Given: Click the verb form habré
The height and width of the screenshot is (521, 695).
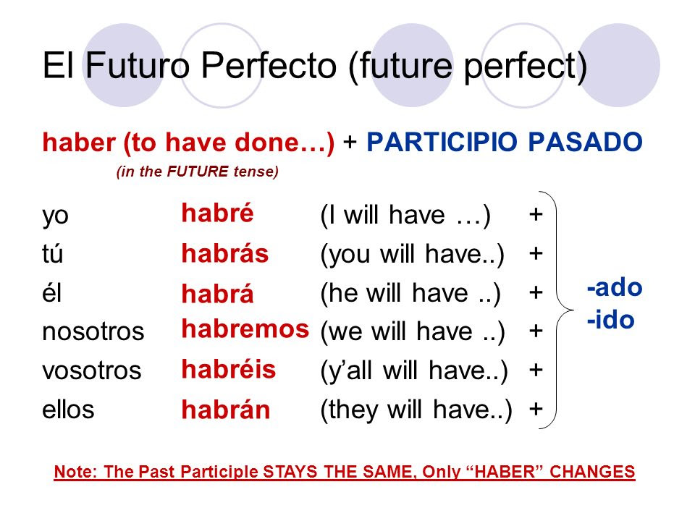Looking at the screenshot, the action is coord(218,213).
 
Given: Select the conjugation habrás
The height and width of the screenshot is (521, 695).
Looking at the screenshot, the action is coord(225,253).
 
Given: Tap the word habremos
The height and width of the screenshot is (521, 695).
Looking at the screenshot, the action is coord(245,329).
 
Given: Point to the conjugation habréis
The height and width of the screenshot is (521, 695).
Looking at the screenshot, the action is coord(229,369).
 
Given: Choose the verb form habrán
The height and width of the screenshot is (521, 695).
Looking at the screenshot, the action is coord(226,410).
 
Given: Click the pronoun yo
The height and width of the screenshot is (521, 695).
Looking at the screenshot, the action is coord(56,217).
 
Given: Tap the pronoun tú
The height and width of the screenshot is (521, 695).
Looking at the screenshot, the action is coord(53,254).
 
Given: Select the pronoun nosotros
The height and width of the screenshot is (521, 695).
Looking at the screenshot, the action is coord(93,331).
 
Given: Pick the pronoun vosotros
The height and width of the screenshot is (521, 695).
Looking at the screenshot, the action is coord(92,370).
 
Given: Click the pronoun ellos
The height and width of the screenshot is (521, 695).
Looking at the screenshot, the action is coord(68,410).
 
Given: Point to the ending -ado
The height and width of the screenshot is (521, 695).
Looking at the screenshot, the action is coord(615,288).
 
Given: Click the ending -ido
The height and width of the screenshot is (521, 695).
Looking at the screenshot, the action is coord(611,320).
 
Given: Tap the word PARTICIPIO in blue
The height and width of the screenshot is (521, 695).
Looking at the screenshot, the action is coord(442,143).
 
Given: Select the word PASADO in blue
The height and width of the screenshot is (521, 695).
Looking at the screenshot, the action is coord(586,143).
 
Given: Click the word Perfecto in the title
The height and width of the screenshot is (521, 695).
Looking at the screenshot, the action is coord(269,66).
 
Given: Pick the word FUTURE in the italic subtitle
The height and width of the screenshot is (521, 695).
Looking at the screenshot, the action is coord(198,171).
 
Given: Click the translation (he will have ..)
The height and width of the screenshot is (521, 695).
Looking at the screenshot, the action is coord(410,294).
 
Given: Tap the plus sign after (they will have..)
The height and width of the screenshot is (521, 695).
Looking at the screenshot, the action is coord(536,408).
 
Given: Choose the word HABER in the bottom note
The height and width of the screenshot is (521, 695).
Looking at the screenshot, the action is coord(505,472).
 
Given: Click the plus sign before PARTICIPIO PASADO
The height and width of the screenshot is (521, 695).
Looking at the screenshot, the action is coord(350,142).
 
